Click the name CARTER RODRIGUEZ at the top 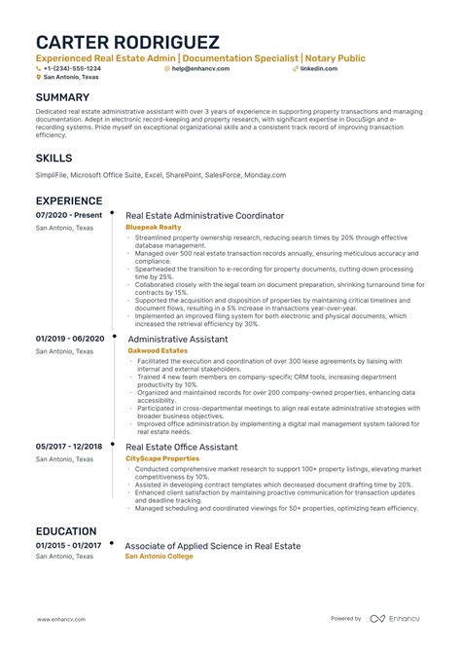127,44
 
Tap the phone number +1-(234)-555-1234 71,69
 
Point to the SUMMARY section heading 62,97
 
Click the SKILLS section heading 53,158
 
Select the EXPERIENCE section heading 69,200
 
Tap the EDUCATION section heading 66,531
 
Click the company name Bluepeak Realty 154,227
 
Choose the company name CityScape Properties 162,458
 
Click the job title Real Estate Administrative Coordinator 205,215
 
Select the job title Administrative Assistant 178,339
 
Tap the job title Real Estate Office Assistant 182,447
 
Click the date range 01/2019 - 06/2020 69,338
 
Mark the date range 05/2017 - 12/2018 69,446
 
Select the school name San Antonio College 160,557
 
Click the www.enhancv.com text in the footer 64,619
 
